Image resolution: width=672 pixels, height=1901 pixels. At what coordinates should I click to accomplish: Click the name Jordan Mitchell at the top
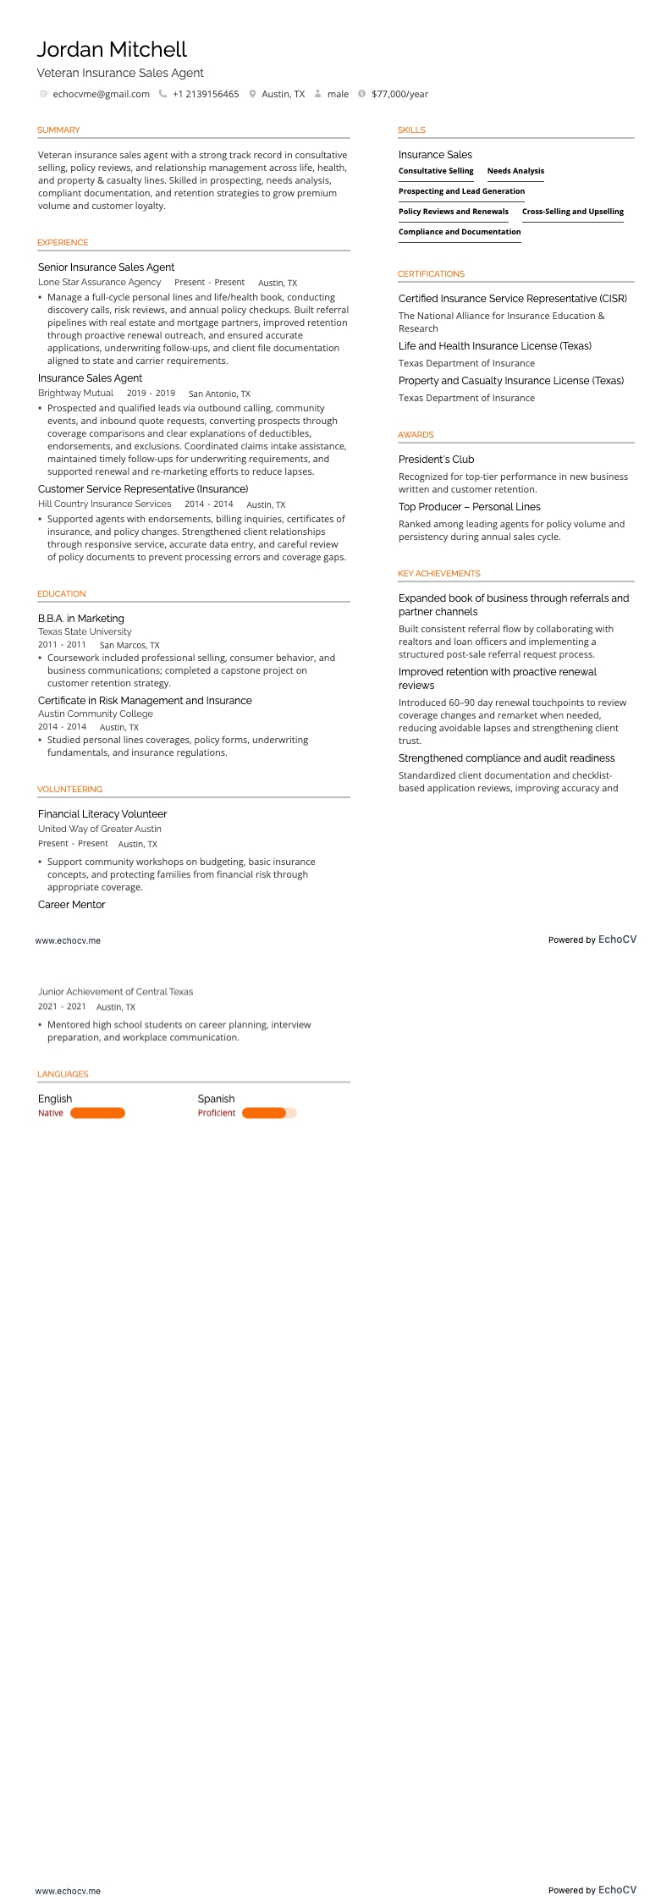coord(112,50)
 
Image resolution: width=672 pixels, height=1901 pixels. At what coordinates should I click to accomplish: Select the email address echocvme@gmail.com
coord(101,94)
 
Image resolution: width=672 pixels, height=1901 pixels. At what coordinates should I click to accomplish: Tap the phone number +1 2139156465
coord(206,94)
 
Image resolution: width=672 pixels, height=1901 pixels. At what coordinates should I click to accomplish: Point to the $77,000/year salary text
coord(399,94)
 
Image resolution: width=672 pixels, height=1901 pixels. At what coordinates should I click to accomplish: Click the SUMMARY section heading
coord(58,130)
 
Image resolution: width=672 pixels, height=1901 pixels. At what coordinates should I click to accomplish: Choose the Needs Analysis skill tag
coord(515,171)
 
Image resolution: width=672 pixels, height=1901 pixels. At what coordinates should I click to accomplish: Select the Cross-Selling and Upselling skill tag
coord(573,212)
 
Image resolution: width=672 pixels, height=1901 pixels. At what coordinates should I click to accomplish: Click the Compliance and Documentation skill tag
coord(460,232)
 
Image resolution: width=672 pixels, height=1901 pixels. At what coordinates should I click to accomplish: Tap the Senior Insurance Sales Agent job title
coord(106,267)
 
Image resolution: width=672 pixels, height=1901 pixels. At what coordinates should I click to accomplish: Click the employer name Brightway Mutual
coord(75,393)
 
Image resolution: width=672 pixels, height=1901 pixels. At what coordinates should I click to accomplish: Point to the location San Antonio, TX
coord(219,394)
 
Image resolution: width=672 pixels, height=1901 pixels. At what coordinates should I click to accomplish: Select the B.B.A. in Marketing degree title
coord(81,619)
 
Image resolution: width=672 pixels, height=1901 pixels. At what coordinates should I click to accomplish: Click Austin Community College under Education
coord(96,714)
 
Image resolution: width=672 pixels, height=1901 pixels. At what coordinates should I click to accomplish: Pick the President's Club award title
coord(436,460)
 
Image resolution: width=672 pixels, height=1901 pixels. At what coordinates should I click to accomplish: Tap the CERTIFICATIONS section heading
coord(431,274)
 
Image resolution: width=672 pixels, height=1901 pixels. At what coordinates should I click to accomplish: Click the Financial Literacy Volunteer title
coord(102,814)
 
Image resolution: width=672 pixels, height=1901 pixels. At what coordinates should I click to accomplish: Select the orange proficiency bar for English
coord(97,1113)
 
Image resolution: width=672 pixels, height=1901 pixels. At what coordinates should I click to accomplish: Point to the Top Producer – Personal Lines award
coord(469,507)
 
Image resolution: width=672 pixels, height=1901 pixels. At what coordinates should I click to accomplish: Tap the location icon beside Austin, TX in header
coord(252,94)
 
